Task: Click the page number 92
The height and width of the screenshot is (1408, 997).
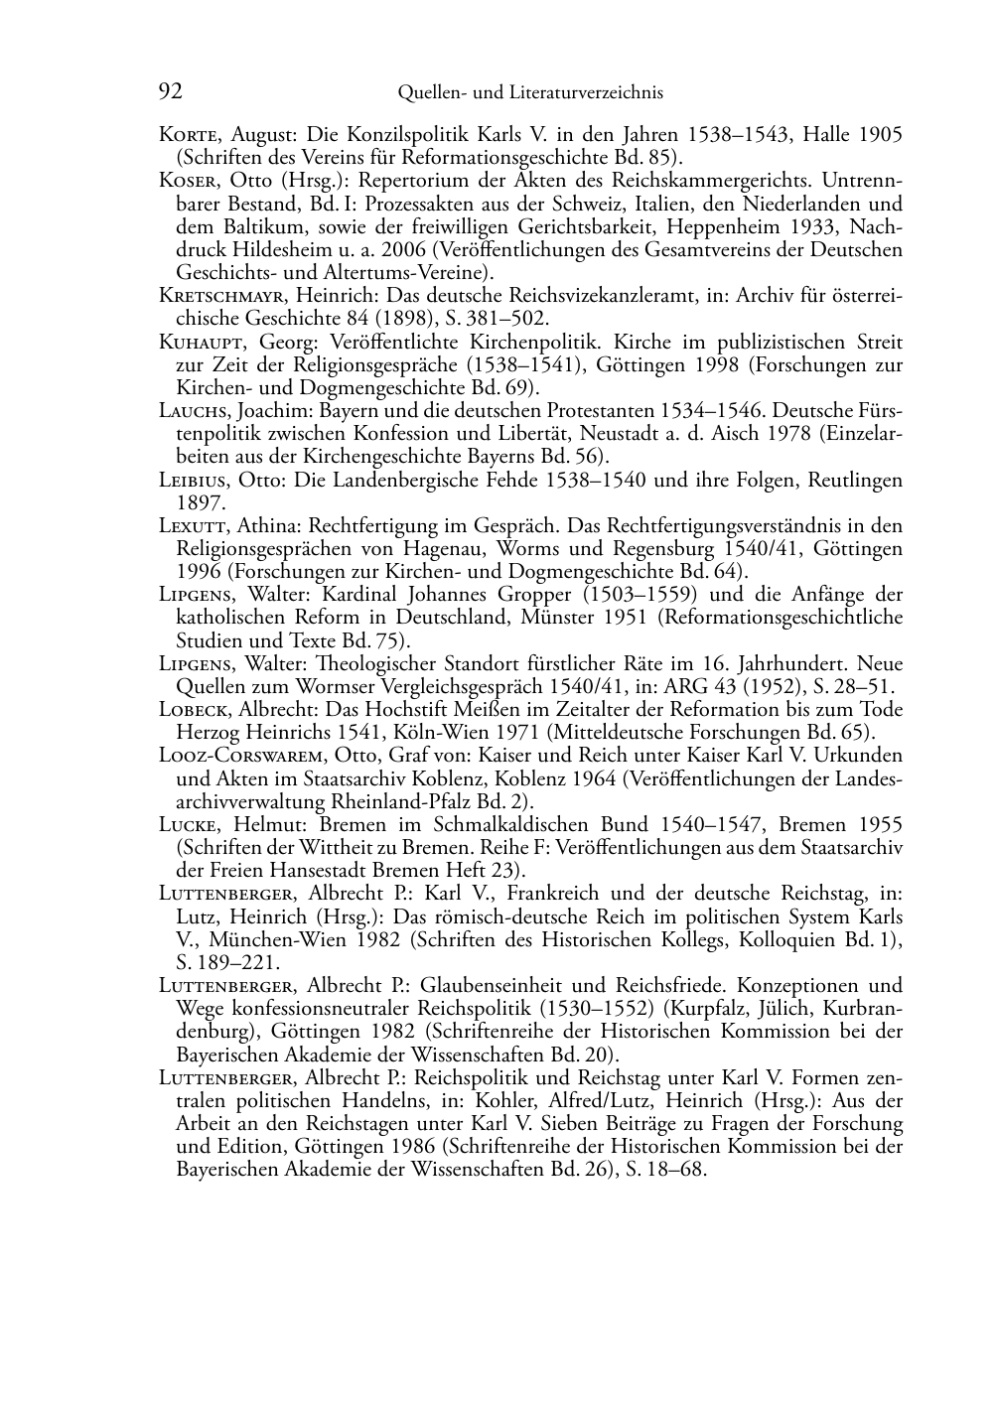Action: click(x=170, y=92)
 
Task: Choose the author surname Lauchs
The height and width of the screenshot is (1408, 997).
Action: click(x=195, y=411)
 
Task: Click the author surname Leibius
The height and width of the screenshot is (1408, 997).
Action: click(x=194, y=481)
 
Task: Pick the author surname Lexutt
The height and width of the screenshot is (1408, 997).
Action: click(x=194, y=526)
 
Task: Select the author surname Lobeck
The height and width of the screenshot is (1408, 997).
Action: click(x=195, y=710)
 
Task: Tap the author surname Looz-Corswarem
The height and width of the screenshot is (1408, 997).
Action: click(x=241, y=756)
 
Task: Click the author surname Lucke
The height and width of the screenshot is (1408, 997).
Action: click(x=190, y=825)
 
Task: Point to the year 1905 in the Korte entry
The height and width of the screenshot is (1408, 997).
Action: click(x=880, y=135)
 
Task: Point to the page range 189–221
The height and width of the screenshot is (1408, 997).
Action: click(x=237, y=962)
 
